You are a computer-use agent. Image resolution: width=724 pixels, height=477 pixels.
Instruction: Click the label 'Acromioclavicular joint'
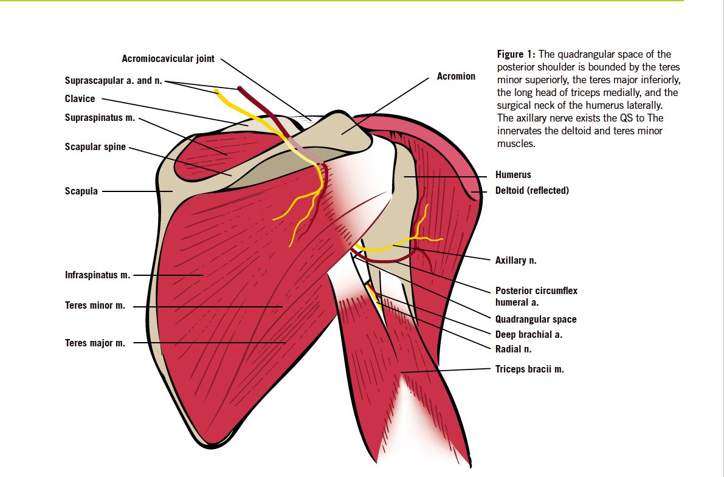168,59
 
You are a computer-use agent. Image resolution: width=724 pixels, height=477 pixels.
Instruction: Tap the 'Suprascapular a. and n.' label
113,80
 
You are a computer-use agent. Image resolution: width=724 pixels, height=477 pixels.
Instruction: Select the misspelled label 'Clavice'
80,98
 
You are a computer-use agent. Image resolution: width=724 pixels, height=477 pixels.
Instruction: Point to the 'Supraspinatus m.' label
100,118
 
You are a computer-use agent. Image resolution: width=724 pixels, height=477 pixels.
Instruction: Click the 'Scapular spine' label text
95,146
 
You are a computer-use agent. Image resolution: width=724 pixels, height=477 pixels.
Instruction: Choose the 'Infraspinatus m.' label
97,275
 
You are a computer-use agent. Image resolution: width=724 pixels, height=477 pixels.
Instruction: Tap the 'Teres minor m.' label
95,306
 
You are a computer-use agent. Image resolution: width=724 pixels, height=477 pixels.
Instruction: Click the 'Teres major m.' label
95,343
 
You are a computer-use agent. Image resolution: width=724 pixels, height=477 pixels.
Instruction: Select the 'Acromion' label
456,77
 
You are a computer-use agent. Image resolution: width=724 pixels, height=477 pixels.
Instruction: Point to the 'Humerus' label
513,175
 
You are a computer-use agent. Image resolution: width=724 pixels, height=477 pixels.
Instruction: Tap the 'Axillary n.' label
515,260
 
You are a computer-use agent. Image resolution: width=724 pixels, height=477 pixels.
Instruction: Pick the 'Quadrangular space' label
536,319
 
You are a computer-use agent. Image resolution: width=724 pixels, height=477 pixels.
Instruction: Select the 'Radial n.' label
513,349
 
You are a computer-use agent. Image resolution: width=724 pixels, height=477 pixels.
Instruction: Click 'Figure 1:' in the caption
517,55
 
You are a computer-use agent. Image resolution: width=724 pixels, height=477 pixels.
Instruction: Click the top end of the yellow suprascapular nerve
216,92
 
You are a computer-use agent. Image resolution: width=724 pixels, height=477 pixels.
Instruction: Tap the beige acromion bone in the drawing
346,131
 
